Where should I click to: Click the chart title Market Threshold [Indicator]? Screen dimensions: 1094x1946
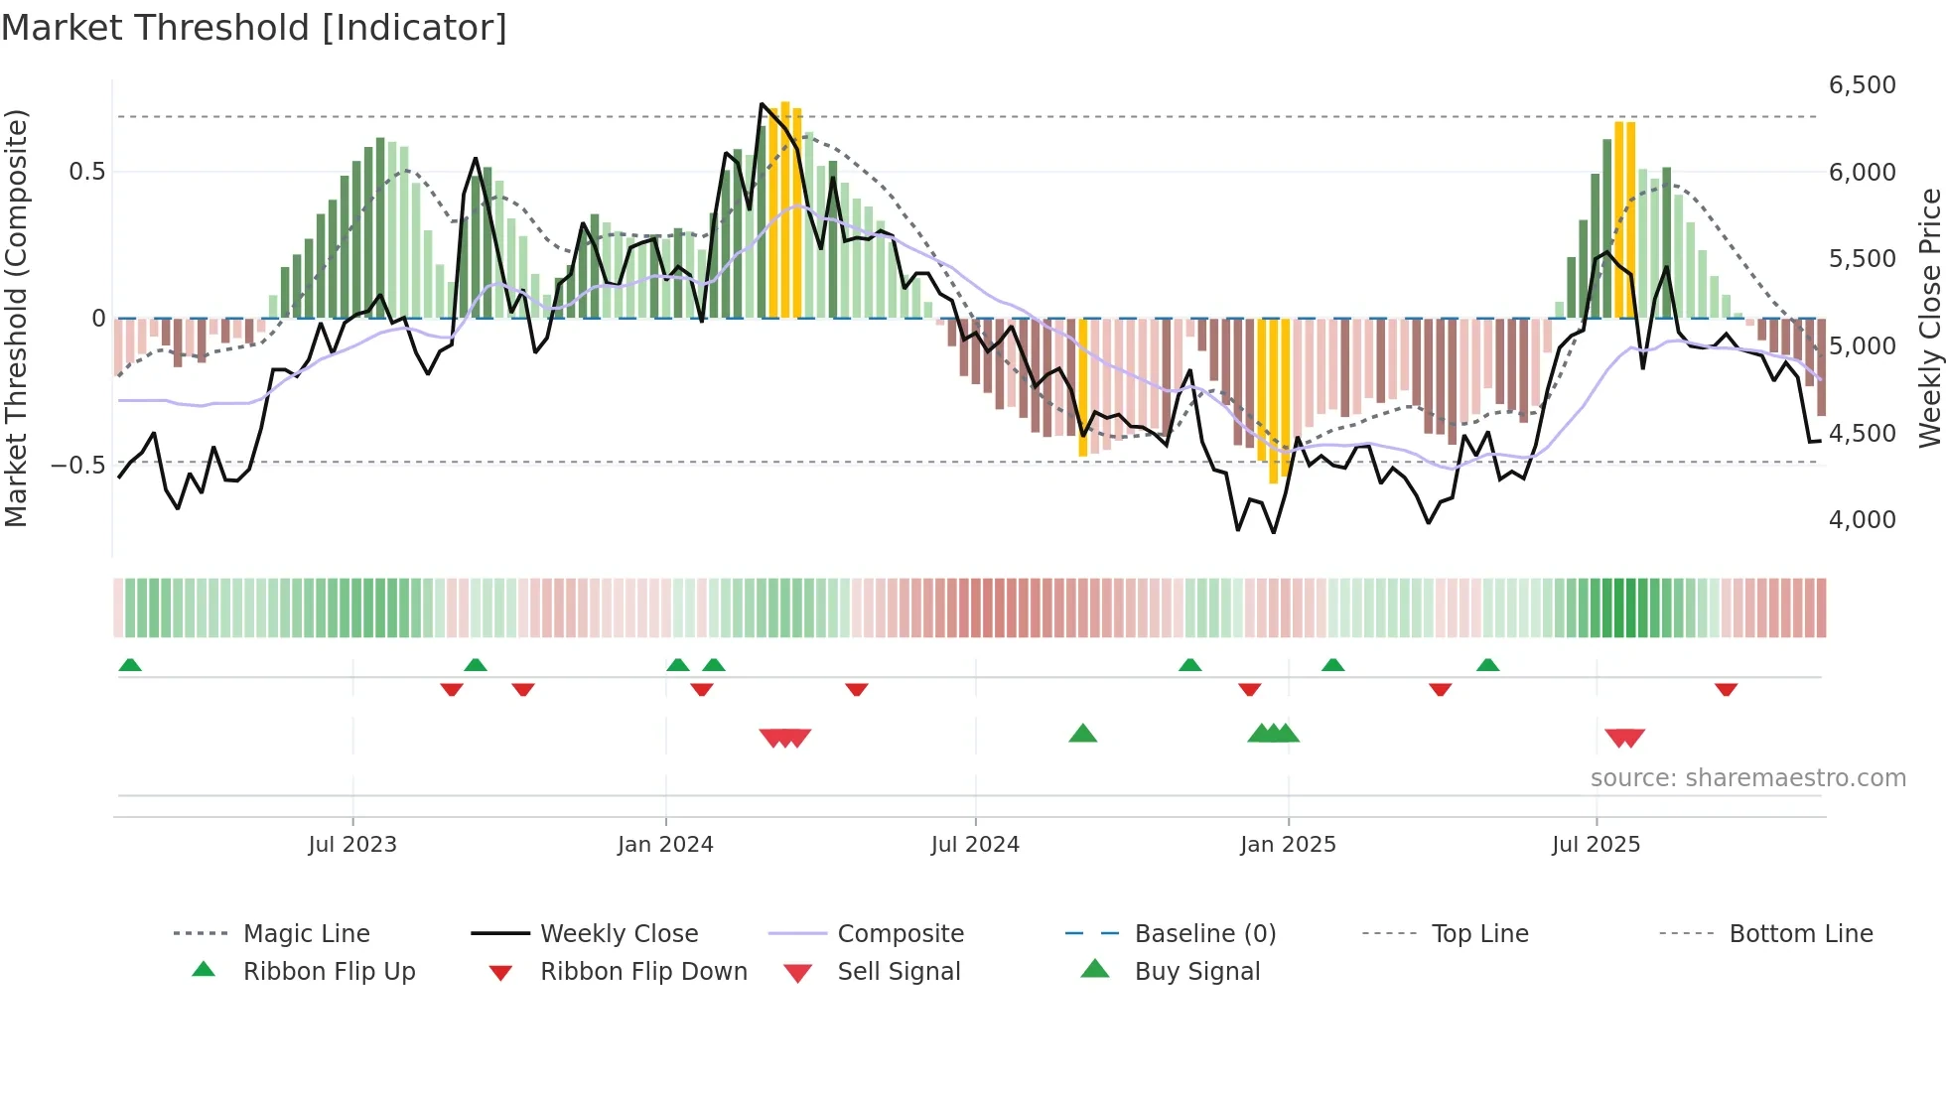[254, 28]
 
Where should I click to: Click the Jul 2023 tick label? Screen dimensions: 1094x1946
[352, 845]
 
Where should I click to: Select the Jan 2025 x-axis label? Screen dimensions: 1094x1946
[1288, 845]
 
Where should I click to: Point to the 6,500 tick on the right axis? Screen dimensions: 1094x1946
[1862, 85]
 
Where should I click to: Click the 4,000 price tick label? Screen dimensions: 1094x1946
[1862, 520]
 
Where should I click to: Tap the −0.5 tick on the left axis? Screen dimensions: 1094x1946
[78, 466]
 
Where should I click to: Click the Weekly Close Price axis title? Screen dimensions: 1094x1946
[1929, 318]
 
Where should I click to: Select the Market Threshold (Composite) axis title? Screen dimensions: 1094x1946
[16, 318]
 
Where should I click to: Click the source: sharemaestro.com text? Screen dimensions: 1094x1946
[1747, 778]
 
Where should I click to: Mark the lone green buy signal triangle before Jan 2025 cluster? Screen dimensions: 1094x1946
[1082, 734]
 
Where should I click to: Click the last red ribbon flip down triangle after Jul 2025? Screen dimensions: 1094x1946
[1726, 689]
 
